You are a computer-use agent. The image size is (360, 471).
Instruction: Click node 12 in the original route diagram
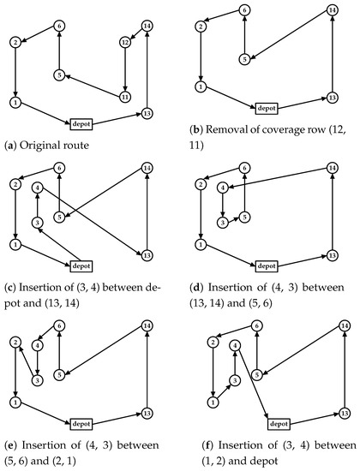[125, 42]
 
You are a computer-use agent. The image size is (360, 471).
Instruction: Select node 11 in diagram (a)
[125, 97]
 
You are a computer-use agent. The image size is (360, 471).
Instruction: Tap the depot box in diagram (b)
[267, 108]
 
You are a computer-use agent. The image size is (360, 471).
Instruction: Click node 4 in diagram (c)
[38, 188]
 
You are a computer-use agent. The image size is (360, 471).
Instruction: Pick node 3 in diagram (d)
[223, 223]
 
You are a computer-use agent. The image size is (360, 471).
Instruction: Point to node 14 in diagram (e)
[147, 325]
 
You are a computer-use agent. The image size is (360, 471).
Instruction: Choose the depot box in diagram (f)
[279, 424]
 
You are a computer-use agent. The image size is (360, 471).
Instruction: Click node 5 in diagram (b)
[245, 59]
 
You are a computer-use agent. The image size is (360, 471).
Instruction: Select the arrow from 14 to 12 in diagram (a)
[136, 34]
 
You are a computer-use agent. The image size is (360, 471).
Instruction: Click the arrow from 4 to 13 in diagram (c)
[92, 222]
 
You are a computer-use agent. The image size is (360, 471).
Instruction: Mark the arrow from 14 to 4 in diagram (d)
[279, 178]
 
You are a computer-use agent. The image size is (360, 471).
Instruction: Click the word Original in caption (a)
[38, 145]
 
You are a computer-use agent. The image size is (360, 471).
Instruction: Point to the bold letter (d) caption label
[196, 288]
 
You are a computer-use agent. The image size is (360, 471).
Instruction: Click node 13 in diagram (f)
[345, 414]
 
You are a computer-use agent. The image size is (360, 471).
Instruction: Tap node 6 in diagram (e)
[59, 325]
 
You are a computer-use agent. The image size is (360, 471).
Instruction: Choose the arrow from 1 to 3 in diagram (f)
[224, 391]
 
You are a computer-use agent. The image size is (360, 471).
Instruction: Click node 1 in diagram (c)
[15, 244]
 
